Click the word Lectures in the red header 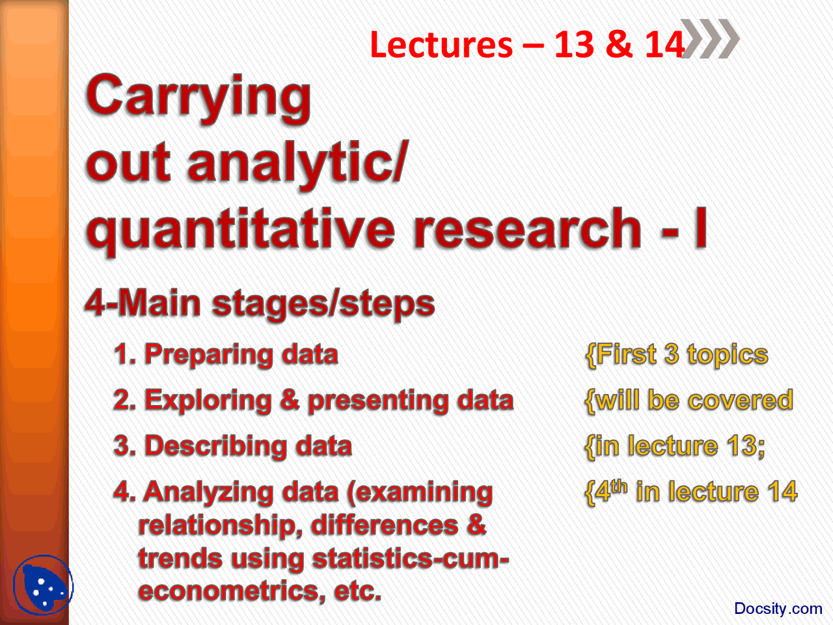(x=441, y=45)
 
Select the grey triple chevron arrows (x=711, y=39)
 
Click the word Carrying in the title (x=198, y=98)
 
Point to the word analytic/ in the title (x=297, y=164)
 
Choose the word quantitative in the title (x=240, y=230)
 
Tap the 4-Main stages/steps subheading (x=260, y=304)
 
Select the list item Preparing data (x=226, y=355)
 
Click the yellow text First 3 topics (x=677, y=355)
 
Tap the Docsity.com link (x=778, y=609)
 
